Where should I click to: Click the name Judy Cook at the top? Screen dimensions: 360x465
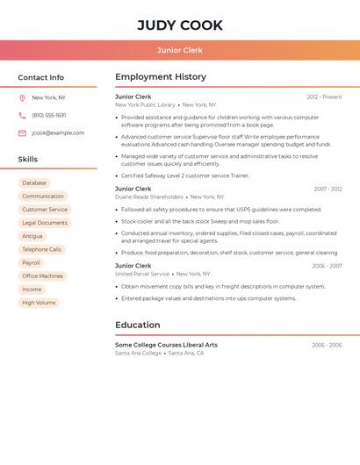(x=180, y=25)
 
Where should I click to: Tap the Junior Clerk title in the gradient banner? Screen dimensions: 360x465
(x=180, y=50)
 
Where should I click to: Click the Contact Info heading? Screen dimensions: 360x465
(x=40, y=77)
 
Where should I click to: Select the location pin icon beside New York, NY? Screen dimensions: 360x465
(x=22, y=97)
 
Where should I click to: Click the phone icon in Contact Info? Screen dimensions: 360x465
(x=22, y=115)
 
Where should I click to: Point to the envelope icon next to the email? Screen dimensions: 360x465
(x=22, y=133)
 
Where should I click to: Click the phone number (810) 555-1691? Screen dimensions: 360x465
(x=49, y=115)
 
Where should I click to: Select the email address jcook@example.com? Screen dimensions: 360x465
(x=58, y=133)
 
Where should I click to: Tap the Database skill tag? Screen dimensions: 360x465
(x=34, y=183)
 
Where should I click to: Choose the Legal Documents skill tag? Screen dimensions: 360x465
(x=45, y=223)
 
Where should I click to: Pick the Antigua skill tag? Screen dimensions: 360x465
(x=32, y=236)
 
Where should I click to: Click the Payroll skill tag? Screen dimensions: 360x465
(x=31, y=263)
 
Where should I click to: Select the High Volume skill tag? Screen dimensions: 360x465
(x=39, y=303)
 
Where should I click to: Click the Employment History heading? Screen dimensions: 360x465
(x=161, y=77)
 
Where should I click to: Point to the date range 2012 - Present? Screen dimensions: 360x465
(x=324, y=97)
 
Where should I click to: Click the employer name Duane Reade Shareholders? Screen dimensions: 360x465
(x=149, y=197)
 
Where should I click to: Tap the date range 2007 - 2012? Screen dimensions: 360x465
(x=328, y=190)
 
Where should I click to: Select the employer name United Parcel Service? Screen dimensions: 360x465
(x=142, y=274)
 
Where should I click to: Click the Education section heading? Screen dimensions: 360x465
(x=137, y=325)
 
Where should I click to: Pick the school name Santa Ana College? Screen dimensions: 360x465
(x=139, y=353)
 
